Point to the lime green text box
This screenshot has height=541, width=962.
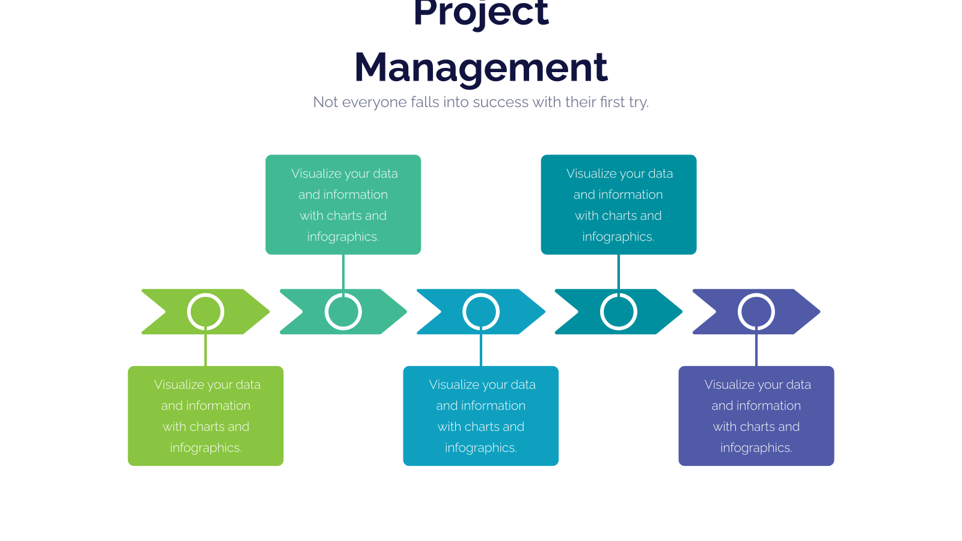[x=206, y=415]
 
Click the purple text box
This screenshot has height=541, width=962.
[x=756, y=415]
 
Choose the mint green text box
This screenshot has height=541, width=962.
[x=343, y=204]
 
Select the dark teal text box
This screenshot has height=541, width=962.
[x=619, y=204]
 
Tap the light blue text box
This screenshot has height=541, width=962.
[x=480, y=415]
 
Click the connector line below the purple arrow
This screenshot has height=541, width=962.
[x=756, y=348]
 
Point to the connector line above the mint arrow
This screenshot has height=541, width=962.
[x=343, y=274]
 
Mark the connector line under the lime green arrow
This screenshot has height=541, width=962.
[x=206, y=348]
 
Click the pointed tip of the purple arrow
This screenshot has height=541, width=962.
[x=820, y=312]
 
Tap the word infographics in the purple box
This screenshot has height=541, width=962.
[x=756, y=448]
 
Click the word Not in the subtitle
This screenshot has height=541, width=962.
[x=325, y=102]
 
